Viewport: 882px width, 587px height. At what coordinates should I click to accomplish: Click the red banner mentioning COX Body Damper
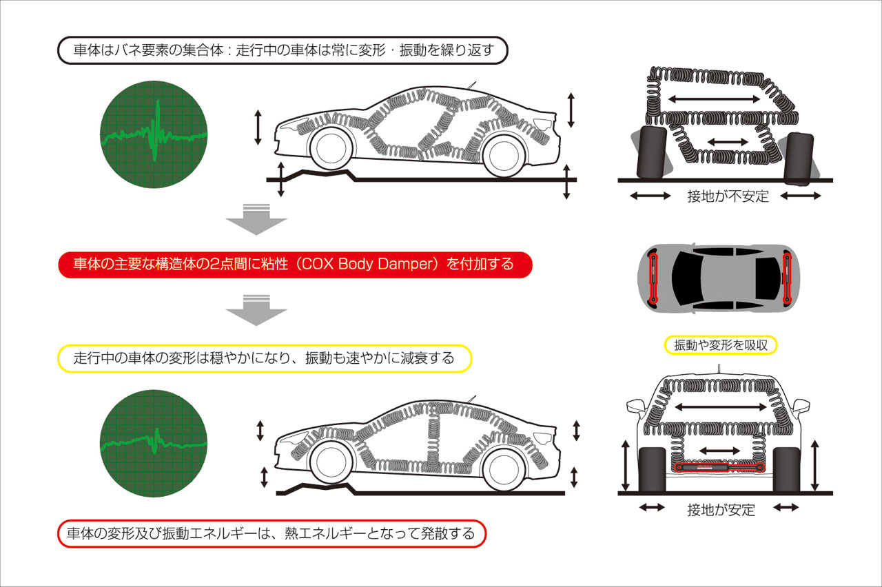coord(295,265)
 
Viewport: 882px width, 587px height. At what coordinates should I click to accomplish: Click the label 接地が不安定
coord(727,196)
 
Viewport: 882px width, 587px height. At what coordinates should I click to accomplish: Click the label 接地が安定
coord(721,509)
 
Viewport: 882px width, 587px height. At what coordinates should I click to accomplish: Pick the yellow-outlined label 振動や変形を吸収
coord(721,345)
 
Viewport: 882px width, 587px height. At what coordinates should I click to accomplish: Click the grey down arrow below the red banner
coord(256,310)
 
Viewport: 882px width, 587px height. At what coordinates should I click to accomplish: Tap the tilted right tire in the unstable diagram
coord(799,158)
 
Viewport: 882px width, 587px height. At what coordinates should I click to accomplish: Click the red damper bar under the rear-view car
coord(720,468)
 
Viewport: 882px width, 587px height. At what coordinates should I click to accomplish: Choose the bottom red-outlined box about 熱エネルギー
coord(270,534)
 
